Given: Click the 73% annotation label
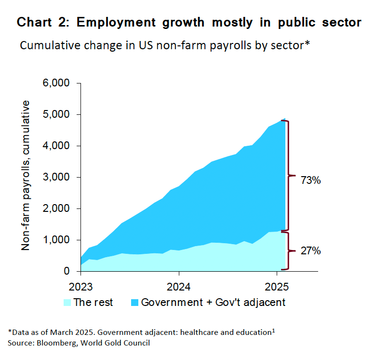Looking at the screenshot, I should pos(310,181).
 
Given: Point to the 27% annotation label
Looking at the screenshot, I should pos(310,251).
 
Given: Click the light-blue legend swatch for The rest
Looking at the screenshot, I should pos(67,303).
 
